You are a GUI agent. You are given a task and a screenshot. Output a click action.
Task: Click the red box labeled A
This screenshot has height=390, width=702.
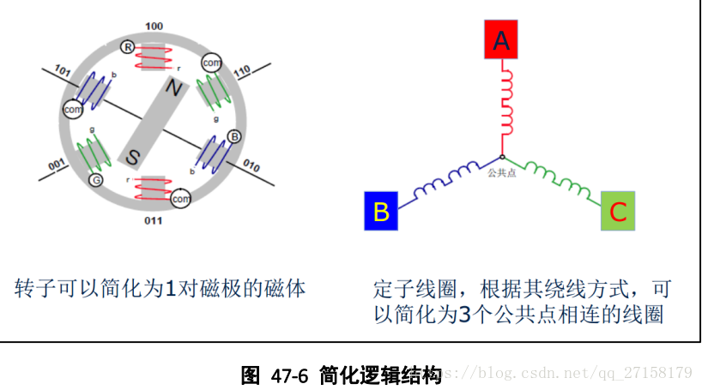(501, 39)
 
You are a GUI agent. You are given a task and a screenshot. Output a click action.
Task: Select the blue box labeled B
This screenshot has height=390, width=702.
(382, 211)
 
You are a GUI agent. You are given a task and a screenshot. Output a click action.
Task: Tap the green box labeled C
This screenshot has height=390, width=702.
(618, 211)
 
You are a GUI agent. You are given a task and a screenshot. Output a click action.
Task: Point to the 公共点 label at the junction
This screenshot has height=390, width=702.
(501, 171)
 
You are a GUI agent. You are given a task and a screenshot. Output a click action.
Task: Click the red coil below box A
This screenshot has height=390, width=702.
(505, 103)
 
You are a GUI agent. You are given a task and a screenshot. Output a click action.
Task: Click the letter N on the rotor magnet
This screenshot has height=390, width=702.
(173, 88)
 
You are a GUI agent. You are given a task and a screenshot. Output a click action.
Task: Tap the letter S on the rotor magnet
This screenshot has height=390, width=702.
(135, 157)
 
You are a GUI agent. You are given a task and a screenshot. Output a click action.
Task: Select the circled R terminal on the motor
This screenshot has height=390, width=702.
(127, 46)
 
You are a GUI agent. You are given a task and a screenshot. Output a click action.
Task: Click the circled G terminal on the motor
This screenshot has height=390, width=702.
(95, 180)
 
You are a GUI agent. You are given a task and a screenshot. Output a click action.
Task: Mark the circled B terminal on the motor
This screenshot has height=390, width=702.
(234, 136)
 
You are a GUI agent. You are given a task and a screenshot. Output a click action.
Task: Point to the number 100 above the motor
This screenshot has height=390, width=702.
(154, 27)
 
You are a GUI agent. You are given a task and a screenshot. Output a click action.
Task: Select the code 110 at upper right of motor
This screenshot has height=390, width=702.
(241, 69)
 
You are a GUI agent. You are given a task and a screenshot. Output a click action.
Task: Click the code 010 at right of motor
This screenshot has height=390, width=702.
(251, 163)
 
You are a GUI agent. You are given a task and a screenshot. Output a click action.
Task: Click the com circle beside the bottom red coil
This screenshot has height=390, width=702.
(180, 199)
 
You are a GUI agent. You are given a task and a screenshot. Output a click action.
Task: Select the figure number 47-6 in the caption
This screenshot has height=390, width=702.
(288, 375)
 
